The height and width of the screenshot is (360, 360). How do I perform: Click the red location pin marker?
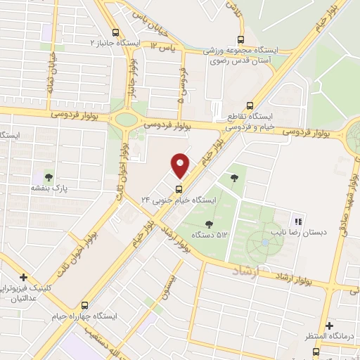tap(181, 166)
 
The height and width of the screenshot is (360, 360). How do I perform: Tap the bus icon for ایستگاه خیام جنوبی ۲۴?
tap(178, 188)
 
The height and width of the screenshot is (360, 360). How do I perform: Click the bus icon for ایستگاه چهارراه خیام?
tap(85, 305)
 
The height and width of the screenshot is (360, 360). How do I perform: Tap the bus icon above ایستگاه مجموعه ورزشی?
tap(241, 39)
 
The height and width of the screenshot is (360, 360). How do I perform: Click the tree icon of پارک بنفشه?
tap(49, 176)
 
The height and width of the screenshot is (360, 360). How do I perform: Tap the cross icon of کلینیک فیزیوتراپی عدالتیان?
tap(24, 277)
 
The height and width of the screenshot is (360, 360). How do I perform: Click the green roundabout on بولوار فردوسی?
tap(127, 119)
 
